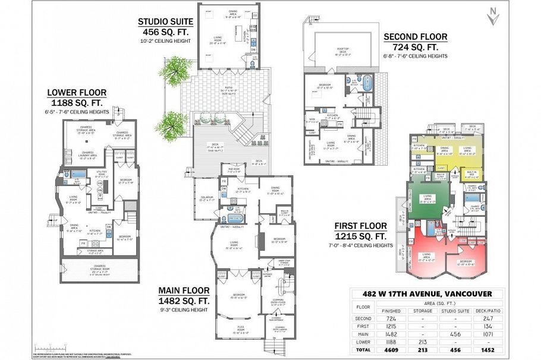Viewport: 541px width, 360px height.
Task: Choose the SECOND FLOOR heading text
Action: pos(416,37)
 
